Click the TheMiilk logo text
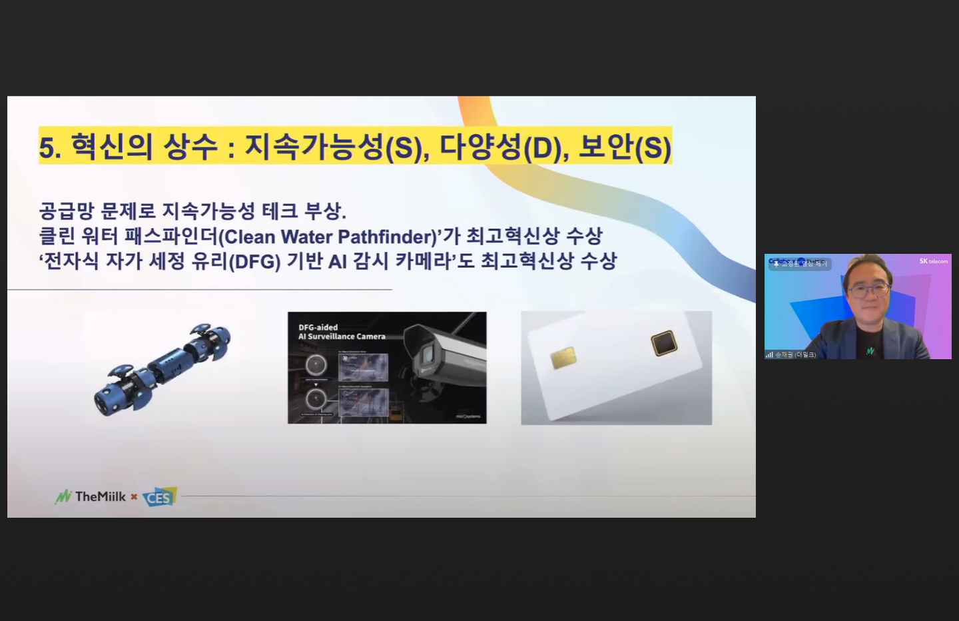pyautogui.click(x=100, y=496)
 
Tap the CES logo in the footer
pyautogui.click(x=159, y=497)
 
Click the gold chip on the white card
pyautogui.click(x=563, y=357)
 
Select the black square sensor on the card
pyautogui.click(x=664, y=343)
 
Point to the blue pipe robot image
pyautogui.click(x=162, y=368)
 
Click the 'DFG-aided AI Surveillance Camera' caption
pyautogui.click(x=342, y=332)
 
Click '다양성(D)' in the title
pyautogui.click(x=499, y=147)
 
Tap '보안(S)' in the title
pyautogui.click(x=624, y=147)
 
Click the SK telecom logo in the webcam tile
pyautogui.click(x=933, y=261)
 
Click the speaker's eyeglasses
pyautogui.click(x=868, y=290)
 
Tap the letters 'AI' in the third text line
pyautogui.click(x=338, y=261)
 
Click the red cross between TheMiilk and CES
pyautogui.click(x=134, y=496)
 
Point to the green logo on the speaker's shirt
pyautogui.click(x=870, y=350)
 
